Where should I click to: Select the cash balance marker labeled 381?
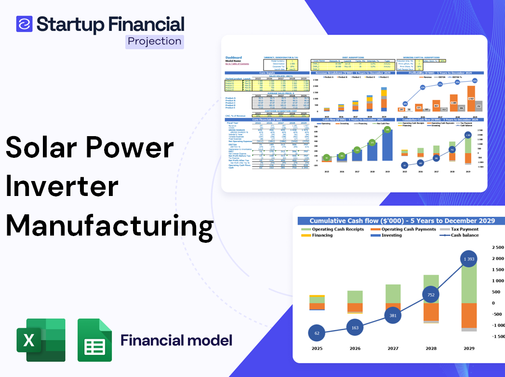(x=392, y=315)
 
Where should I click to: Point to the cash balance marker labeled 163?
(x=355, y=328)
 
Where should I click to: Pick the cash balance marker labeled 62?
(x=317, y=333)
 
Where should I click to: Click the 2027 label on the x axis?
(x=392, y=349)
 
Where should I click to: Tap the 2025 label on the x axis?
(x=317, y=349)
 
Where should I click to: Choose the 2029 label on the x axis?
(x=468, y=349)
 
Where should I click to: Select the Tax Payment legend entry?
(x=465, y=229)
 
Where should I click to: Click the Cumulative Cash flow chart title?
(x=402, y=221)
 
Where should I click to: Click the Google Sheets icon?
(x=95, y=340)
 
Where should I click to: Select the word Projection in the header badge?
(x=155, y=42)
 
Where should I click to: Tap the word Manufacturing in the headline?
(x=110, y=225)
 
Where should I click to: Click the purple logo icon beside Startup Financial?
(x=24, y=24)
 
